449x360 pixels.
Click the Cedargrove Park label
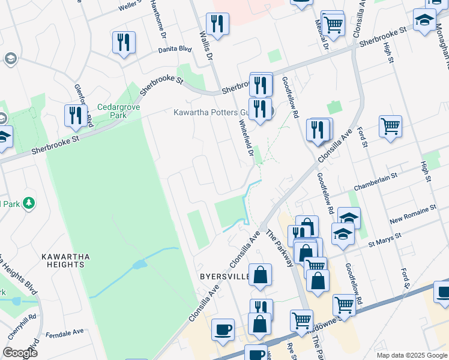pyautogui.click(x=118, y=112)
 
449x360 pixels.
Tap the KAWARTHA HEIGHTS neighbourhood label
pyautogui.click(x=66, y=260)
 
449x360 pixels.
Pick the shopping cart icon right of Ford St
pyautogui.click(x=390, y=127)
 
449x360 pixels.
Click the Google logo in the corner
pyautogui.click(x=20, y=353)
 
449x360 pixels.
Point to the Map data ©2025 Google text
pyautogui.click(x=411, y=355)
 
